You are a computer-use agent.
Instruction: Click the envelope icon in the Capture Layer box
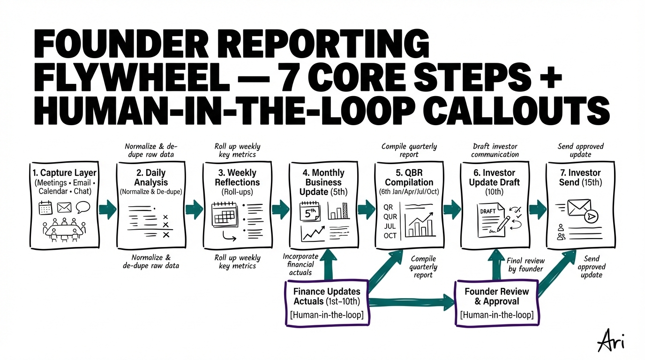click(64, 208)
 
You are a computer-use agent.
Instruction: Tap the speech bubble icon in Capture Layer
click(83, 207)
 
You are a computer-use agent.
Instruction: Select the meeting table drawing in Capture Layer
click(65, 228)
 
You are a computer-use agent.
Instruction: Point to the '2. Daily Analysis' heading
click(150, 177)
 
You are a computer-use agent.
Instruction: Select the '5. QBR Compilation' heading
click(409, 177)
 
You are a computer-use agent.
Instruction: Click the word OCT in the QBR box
click(390, 235)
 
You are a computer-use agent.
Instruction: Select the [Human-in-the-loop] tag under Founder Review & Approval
click(497, 315)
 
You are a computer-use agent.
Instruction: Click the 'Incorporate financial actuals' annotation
click(300, 264)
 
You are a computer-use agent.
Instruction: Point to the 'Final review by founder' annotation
click(525, 265)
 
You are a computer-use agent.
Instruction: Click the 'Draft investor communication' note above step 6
click(495, 150)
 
